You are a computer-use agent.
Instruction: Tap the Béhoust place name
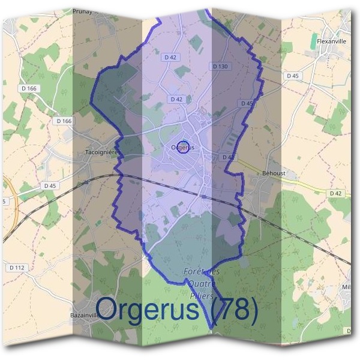274,173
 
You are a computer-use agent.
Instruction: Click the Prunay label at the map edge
84,11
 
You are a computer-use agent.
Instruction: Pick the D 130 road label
220,66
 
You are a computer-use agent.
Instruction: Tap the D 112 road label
17,266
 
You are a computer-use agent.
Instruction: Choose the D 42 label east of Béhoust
336,193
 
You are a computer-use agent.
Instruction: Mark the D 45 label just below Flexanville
293,76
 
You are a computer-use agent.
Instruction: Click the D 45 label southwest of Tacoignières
50,186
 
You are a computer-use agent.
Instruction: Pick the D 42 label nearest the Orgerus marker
176,99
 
